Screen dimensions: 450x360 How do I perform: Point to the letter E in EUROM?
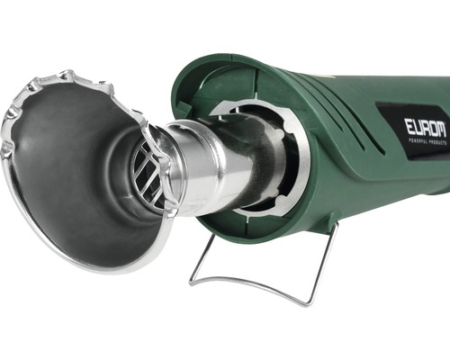tap(409, 126)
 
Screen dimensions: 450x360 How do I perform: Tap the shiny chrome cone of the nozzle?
tap(207, 168)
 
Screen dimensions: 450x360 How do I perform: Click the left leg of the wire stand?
tap(201, 257)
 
